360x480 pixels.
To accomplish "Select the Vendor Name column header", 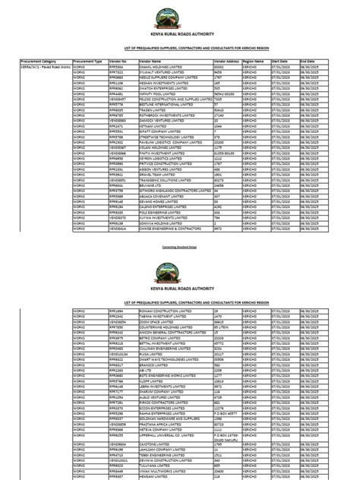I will tap(151, 60).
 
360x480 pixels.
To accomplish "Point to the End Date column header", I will tap(308, 60).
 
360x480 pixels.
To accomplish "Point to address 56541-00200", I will tap(227, 93).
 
